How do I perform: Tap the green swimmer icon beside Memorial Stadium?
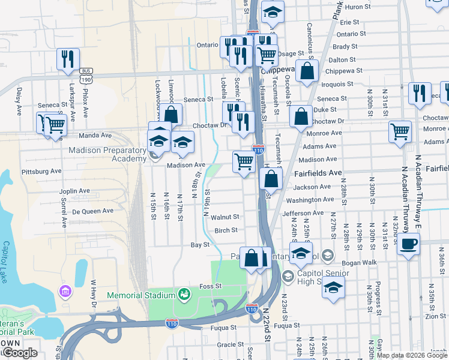click(184, 295)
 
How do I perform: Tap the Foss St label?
click(211, 286)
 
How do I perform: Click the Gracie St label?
click(226, 344)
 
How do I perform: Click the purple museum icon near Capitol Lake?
click(64, 292)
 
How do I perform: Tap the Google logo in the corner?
click(20, 353)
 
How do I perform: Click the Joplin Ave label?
click(74, 191)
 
